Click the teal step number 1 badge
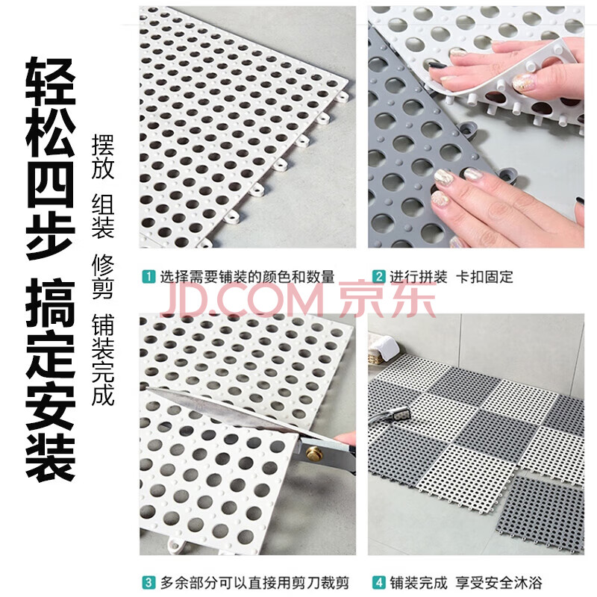pos(149,276)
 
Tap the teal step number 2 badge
pos(378,276)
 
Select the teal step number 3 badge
pos(149,583)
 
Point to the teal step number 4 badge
pos(378,583)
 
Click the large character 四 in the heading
pos(50,186)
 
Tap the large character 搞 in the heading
pos(50,303)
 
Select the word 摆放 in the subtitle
pos(103,157)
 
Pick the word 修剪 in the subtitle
pos(103,276)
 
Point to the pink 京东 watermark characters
pos(387,300)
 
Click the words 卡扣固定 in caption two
pos(484,277)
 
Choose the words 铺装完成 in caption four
pos(418,583)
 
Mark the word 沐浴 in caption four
pos(528,583)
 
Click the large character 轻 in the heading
pos(50,81)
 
